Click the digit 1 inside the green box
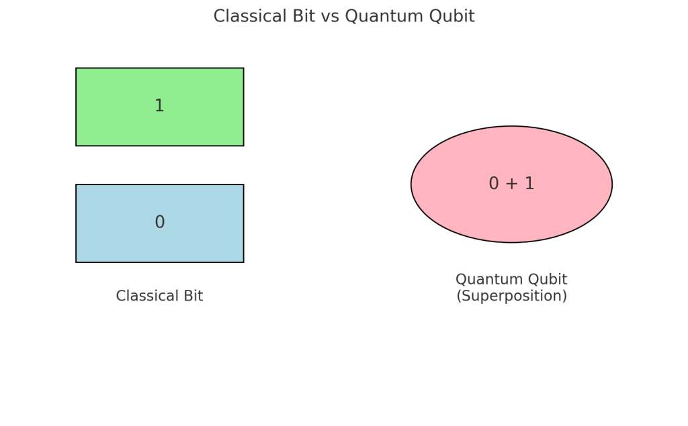point(159,106)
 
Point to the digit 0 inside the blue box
point(159,223)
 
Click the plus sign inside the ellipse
point(512,184)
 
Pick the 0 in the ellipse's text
point(494,184)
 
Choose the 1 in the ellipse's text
point(529,184)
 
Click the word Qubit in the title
point(453,17)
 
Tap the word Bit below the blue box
point(191,296)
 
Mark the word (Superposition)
point(512,297)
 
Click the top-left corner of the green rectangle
point(76,68)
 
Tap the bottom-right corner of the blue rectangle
point(243,262)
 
